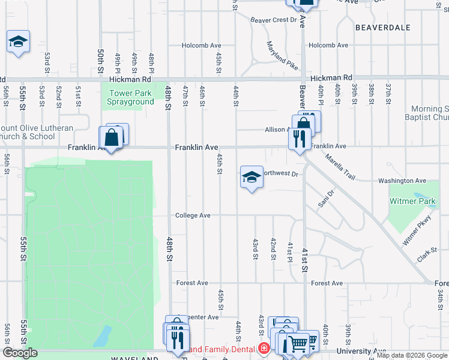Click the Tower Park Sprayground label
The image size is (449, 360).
click(130, 97)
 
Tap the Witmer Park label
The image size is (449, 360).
click(411, 201)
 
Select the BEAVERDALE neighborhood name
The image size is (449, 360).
click(383, 28)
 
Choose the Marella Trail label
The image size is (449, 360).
click(340, 166)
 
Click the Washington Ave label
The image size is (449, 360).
click(402, 181)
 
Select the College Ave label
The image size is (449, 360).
click(193, 215)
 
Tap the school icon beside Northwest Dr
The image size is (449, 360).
click(252, 176)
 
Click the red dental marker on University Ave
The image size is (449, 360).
click(263, 349)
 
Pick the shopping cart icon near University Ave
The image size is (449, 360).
click(298, 344)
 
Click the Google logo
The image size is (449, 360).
click(20, 353)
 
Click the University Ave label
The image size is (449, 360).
click(361, 351)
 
